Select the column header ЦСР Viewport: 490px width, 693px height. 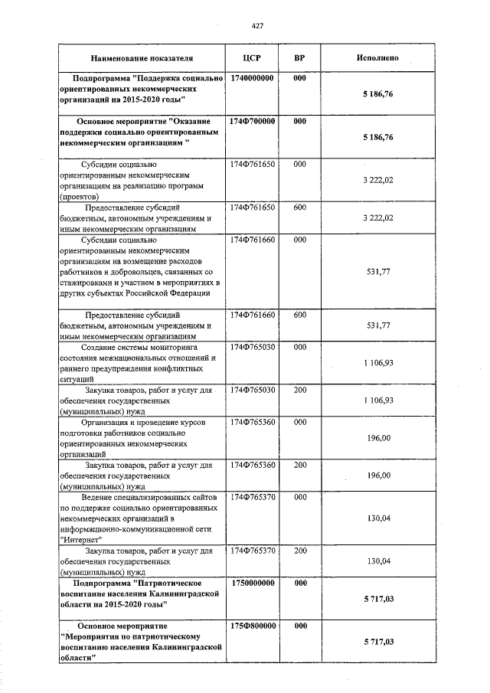pos(252,58)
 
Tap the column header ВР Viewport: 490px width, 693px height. pos(300,58)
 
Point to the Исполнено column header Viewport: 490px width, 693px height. pos(377,58)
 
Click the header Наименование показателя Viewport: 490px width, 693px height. pos(142,58)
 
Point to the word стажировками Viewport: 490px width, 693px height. pos(85,282)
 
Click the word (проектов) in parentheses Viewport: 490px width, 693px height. pos(77,196)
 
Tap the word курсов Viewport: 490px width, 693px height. pos(202,422)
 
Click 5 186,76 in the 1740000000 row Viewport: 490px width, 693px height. pos(377,94)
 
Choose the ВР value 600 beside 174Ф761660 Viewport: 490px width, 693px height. pos(300,315)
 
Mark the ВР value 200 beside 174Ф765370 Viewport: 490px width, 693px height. pos(300,551)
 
